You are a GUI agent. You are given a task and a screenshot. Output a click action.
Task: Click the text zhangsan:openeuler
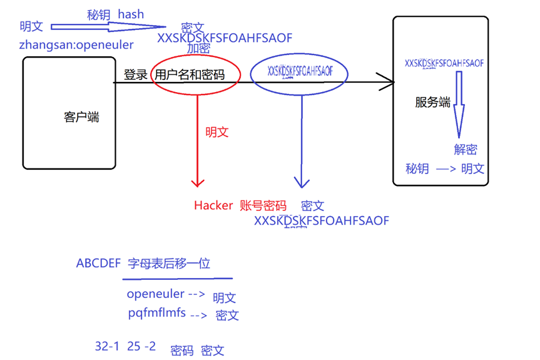coord(76,45)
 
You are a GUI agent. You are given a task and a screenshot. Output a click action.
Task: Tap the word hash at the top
coord(130,14)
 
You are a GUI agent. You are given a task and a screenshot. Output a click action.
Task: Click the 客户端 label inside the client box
coord(81,117)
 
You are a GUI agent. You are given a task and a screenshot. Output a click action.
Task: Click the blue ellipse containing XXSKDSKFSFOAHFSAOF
coord(299,71)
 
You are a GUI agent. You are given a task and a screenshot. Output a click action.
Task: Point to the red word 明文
coord(217,132)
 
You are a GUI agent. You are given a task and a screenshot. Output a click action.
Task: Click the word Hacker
coord(213,205)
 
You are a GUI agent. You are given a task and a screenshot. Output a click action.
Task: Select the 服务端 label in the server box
coord(432,103)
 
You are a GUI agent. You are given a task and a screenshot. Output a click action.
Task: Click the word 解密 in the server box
coord(466,149)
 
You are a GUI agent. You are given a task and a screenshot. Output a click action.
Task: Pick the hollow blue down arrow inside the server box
coord(459,103)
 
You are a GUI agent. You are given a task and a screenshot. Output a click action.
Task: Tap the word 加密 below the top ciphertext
coord(198,49)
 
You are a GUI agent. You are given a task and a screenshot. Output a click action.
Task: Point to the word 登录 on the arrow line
coord(135,75)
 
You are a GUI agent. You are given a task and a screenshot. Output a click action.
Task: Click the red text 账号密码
coord(263,205)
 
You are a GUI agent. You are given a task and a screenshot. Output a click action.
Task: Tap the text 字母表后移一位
coord(168,264)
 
